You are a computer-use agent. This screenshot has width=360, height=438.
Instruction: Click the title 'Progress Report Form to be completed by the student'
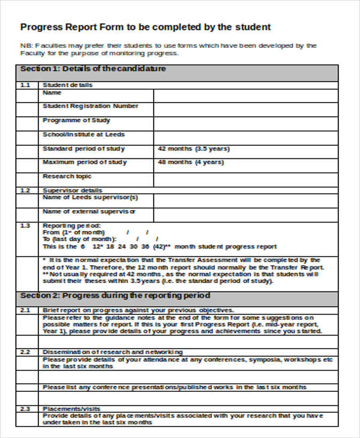[x=146, y=27]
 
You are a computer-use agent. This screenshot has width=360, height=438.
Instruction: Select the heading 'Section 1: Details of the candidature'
[x=93, y=69]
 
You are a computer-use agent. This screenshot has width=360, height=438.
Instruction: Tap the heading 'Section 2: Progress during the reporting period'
[x=115, y=295]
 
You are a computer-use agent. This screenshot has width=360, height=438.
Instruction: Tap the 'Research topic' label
[x=67, y=176]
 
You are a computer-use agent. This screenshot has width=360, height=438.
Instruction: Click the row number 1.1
[x=25, y=85]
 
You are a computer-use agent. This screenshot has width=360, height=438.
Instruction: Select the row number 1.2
[x=25, y=190]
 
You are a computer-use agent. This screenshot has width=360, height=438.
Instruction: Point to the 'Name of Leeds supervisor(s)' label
[x=90, y=197]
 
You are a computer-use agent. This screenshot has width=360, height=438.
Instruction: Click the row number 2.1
[x=25, y=310]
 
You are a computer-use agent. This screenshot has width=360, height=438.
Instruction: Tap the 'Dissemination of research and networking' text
[x=113, y=352]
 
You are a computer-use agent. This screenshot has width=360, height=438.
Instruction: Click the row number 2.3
[x=25, y=408]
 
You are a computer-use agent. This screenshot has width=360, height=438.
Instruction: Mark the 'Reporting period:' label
[x=71, y=225]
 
